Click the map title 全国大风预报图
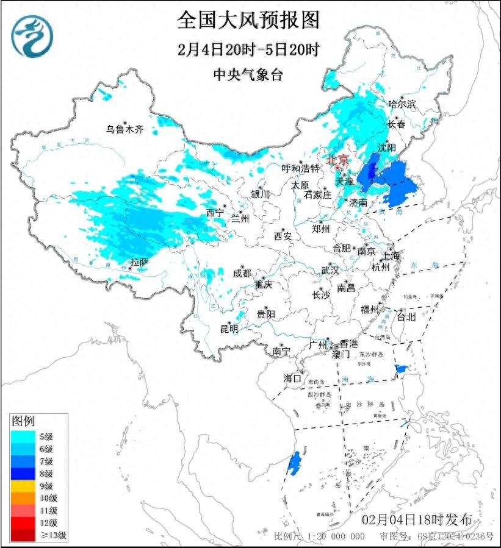248,20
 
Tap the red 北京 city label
337,160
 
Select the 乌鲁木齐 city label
124,129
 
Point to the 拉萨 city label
139,263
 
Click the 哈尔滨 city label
402,104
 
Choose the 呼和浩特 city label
300,168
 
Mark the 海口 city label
293,378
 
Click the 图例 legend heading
24,421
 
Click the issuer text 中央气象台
248,74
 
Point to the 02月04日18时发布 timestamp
417,520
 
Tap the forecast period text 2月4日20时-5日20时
248,49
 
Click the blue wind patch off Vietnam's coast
294,463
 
